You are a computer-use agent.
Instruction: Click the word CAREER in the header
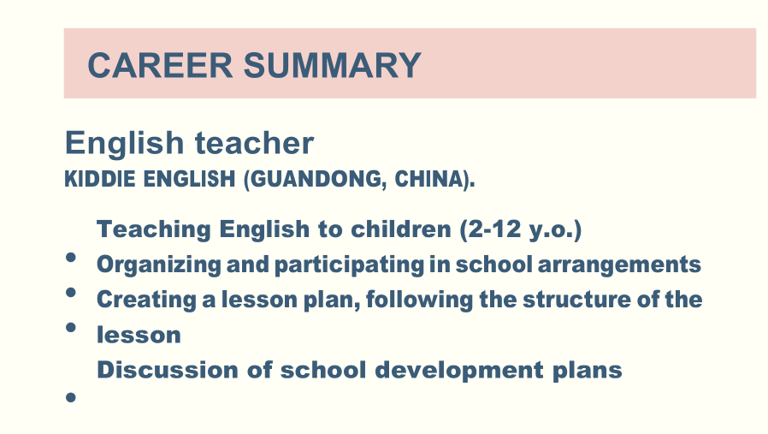pos(160,65)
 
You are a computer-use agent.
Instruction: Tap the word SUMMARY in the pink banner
pos(333,65)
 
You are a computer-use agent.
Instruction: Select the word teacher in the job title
pos(254,143)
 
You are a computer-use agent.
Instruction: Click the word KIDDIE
pos(100,179)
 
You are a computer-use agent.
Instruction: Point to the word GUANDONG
pos(316,179)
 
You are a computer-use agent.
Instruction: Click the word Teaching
pos(154,229)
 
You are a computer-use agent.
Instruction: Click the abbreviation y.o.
pos(552,230)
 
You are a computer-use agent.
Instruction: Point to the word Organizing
pos(159,265)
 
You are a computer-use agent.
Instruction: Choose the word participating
pos(349,265)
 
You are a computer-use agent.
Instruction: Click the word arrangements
pos(619,265)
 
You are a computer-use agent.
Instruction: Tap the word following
pos(419,300)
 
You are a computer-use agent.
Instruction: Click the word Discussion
pos(168,370)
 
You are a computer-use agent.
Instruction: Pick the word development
pos(459,371)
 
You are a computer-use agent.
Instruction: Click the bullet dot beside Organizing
pos(70,257)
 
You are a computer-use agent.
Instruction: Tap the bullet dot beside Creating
pos(70,292)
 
